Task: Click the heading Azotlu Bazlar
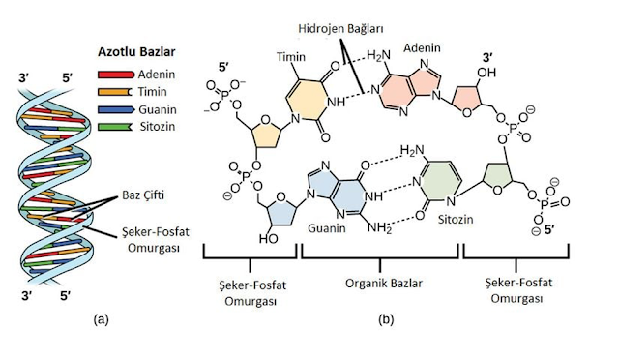click(136, 51)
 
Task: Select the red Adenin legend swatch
click(116, 75)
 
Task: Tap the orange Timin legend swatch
click(115, 92)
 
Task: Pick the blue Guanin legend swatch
click(115, 109)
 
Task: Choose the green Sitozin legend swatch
click(115, 127)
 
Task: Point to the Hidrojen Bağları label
click(340, 29)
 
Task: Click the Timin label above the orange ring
click(291, 57)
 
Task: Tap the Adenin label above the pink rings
click(422, 47)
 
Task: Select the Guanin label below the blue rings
click(327, 228)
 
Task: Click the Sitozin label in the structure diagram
click(456, 219)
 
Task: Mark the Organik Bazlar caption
click(384, 284)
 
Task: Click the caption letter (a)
click(101, 319)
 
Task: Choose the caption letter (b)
click(386, 319)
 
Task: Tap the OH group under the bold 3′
click(486, 73)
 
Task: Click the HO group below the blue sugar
click(269, 239)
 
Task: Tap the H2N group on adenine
click(378, 55)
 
